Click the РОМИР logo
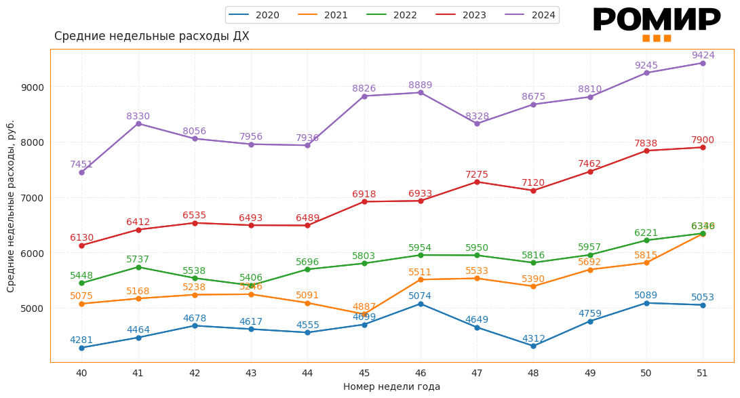[x=656, y=22]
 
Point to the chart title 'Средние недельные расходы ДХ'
[x=151, y=37]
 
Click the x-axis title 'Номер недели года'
[x=391, y=386]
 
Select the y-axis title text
[x=11, y=206]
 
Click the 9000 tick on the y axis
[x=32, y=87]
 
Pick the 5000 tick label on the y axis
[x=32, y=309]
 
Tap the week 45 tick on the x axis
[x=364, y=373]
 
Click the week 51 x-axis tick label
[x=702, y=373]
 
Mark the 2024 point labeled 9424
[x=703, y=63]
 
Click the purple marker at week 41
[x=138, y=123]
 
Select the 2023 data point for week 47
[x=477, y=182]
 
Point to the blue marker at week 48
[x=533, y=346]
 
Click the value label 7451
[x=81, y=165]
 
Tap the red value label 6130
[x=81, y=238]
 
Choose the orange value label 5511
[x=420, y=273]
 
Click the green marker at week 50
[x=646, y=240]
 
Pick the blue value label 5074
[x=420, y=296]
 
